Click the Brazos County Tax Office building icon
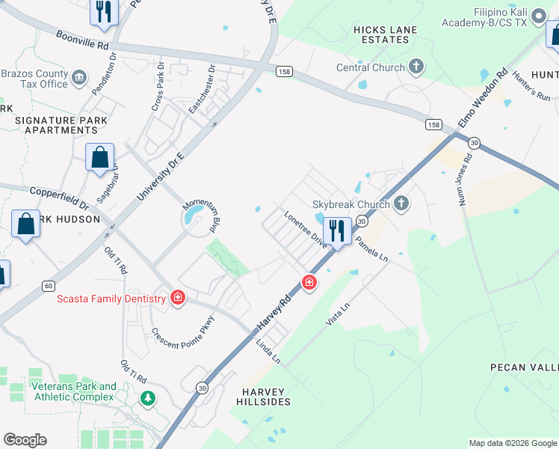(79, 77)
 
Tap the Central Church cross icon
(416, 68)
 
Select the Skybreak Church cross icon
(402, 204)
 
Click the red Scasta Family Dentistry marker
(178, 298)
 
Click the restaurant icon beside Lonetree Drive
(337, 231)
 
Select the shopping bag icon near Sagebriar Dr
(99, 158)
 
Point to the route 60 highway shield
(48, 286)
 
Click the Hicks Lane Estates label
(386, 34)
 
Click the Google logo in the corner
(25, 440)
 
